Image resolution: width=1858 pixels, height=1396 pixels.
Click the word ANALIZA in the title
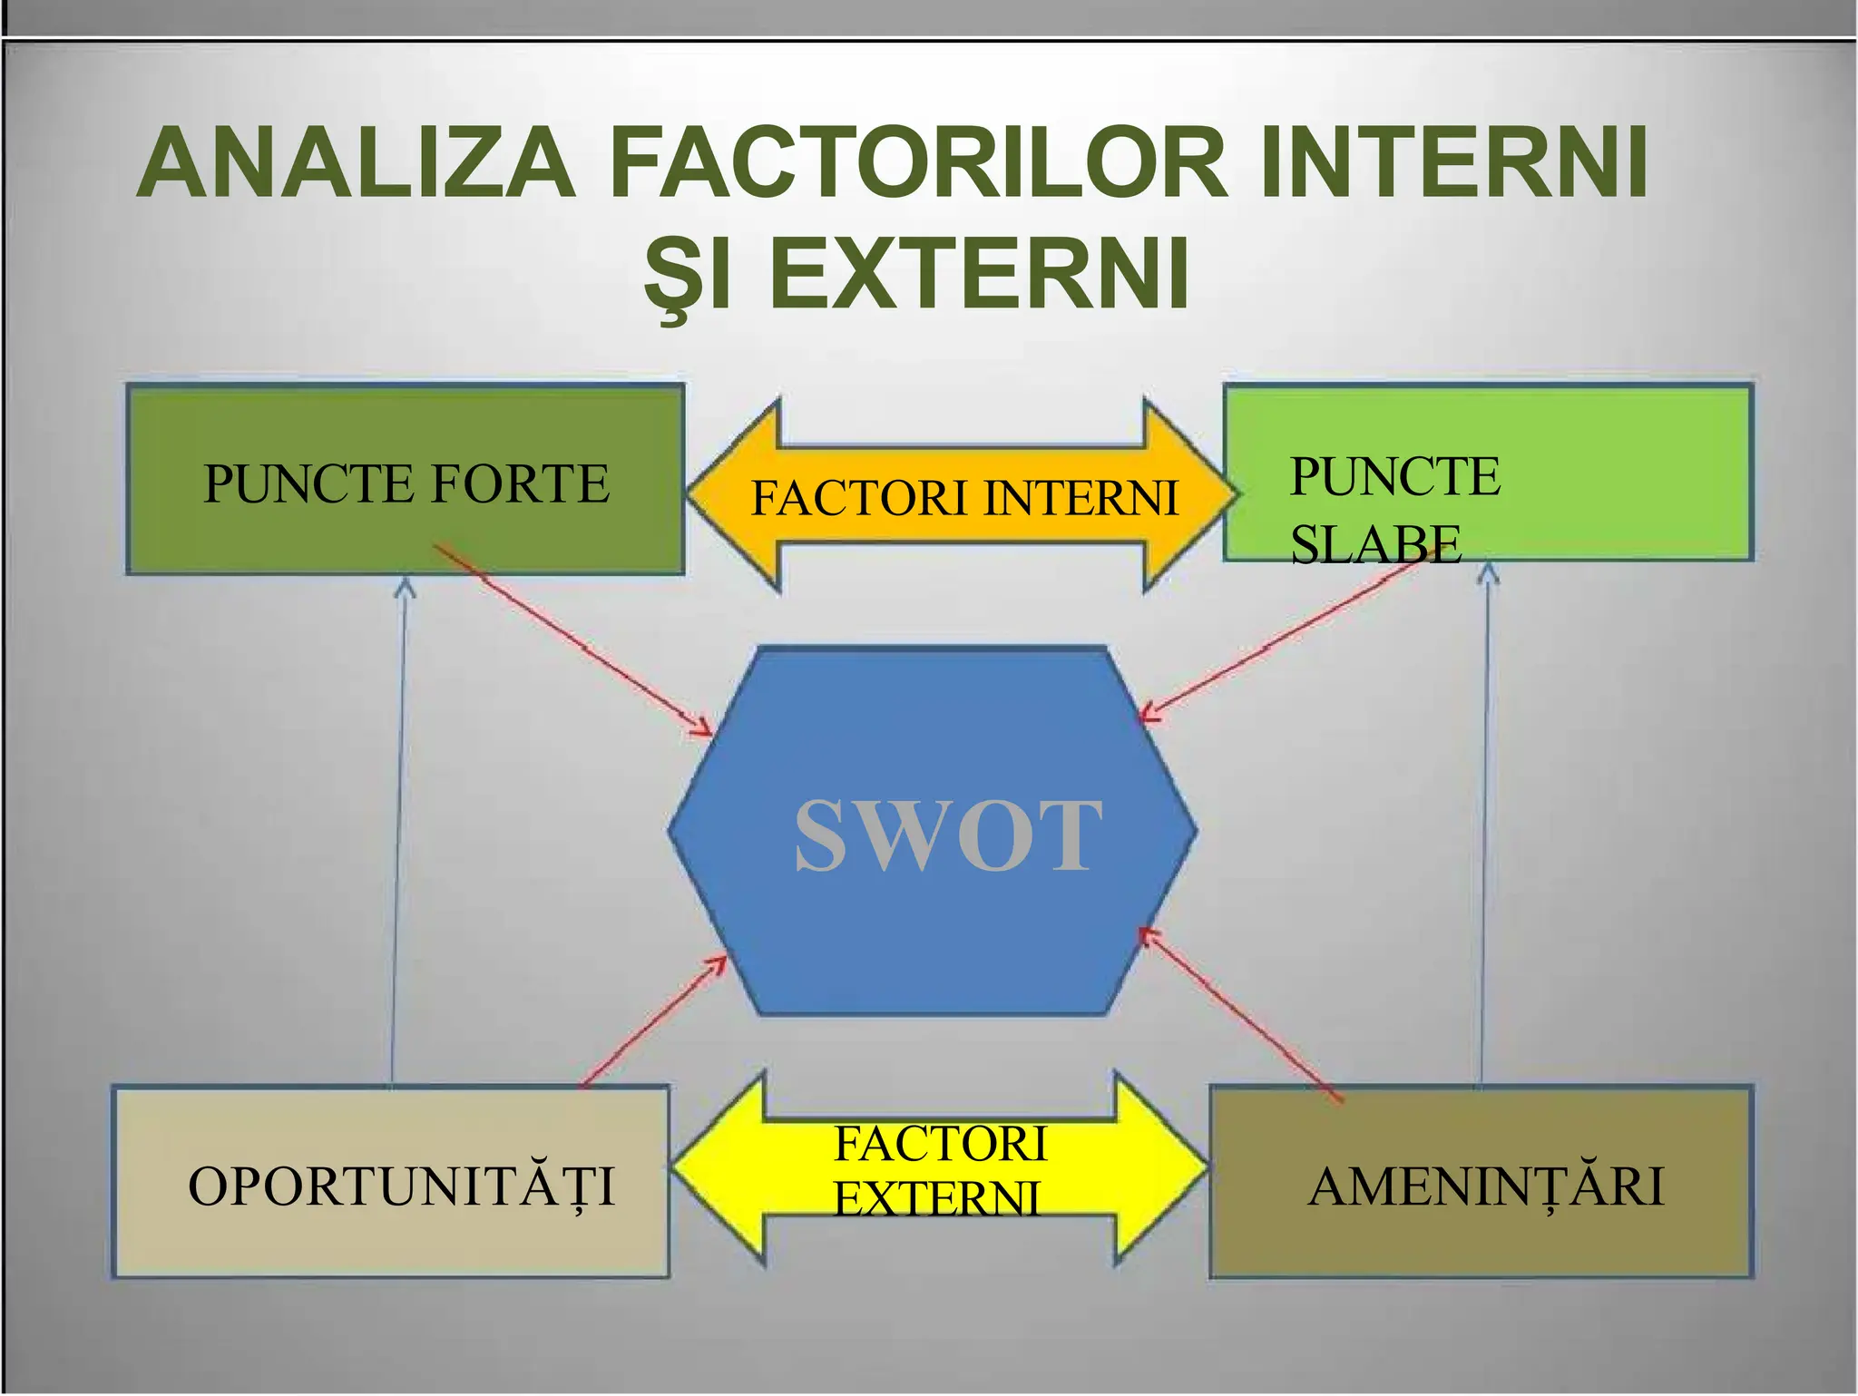click(358, 163)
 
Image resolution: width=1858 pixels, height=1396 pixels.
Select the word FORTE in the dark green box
click(520, 483)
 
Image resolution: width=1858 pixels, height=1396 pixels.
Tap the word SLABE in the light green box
click(1375, 544)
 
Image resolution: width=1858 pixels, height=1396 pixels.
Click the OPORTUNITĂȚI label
click(401, 1186)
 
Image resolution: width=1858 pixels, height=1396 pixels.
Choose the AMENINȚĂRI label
click(1486, 1186)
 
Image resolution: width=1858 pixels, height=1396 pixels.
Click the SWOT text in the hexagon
click(948, 835)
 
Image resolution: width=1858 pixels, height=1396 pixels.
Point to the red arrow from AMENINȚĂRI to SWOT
click(1238, 1016)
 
